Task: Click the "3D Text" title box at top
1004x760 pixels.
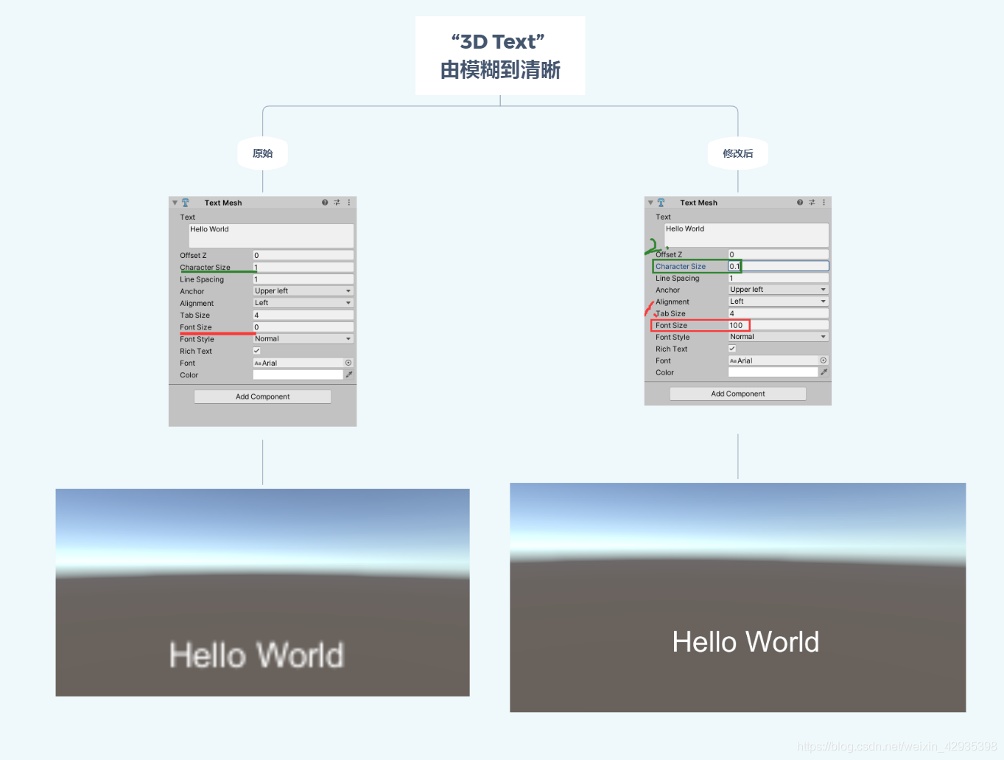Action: pyautogui.click(x=499, y=55)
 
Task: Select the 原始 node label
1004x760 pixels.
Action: pyautogui.click(x=262, y=153)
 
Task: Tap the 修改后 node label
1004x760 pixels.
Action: pyautogui.click(x=737, y=153)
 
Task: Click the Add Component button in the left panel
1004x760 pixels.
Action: pyautogui.click(x=262, y=397)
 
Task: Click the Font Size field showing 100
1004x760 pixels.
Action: pyautogui.click(x=778, y=325)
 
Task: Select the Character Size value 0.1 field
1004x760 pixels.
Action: pyautogui.click(x=778, y=266)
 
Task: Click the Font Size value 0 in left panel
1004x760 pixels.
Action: pyautogui.click(x=303, y=327)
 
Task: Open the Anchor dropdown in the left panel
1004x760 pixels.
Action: pyautogui.click(x=303, y=291)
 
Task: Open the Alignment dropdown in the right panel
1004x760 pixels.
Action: pyautogui.click(x=778, y=301)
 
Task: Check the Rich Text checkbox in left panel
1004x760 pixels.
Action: pyautogui.click(x=257, y=351)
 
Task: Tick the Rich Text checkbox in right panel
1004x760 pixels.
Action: pyautogui.click(x=732, y=349)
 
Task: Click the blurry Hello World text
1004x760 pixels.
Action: pyautogui.click(x=256, y=655)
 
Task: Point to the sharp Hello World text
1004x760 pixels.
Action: pyautogui.click(x=745, y=642)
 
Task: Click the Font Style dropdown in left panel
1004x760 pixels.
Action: pyautogui.click(x=303, y=339)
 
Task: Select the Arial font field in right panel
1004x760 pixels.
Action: pyautogui.click(x=773, y=360)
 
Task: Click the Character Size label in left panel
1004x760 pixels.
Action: pyautogui.click(x=205, y=268)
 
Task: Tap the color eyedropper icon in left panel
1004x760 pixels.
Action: pyautogui.click(x=349, y=374)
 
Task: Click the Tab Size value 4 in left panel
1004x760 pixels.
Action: pyautogui.click(x=303, y=315)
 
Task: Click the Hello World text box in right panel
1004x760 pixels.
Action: pyautogui.click(x=746, y=235)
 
